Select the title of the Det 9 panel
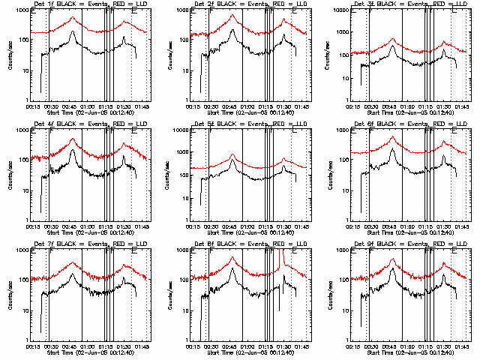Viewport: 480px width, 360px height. [400, 244]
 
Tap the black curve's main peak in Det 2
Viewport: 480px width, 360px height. [232, 31]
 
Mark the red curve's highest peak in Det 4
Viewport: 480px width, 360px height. [72, 139]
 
